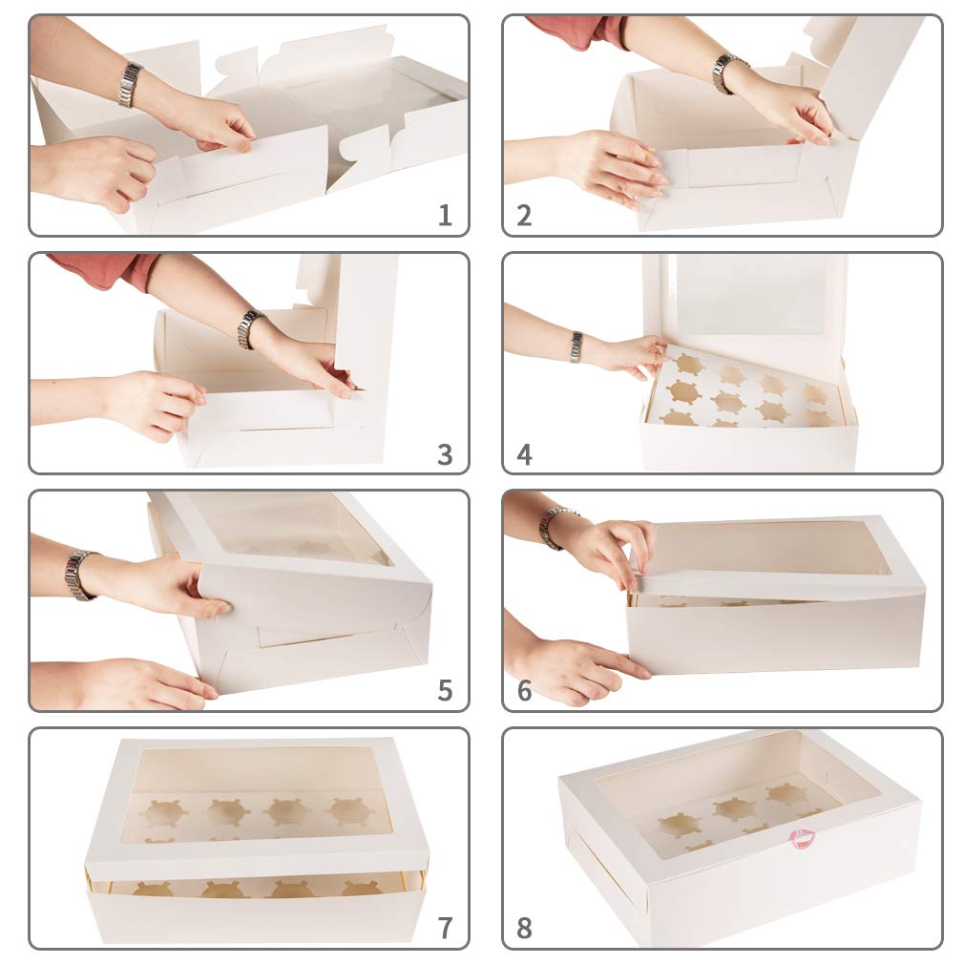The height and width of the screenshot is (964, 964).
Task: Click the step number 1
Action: [445, 216]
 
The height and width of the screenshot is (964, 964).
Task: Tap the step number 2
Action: [524, 216]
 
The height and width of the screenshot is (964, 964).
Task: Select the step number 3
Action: [445, 454]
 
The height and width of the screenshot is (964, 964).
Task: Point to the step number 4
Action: [524, 454]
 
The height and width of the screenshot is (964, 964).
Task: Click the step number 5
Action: [445, 690]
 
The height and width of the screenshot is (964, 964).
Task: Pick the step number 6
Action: [524, 690]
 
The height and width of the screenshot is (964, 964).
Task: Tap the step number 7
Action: [445, 927]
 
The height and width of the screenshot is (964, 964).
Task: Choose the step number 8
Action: [524, 927]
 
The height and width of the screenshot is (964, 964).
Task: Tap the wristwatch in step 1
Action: [130, 84]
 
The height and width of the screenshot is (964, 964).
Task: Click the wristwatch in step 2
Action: [728, 73]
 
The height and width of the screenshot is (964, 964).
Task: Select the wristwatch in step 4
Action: [576, 346]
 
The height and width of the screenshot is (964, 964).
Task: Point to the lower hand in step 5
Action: [134, 685]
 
